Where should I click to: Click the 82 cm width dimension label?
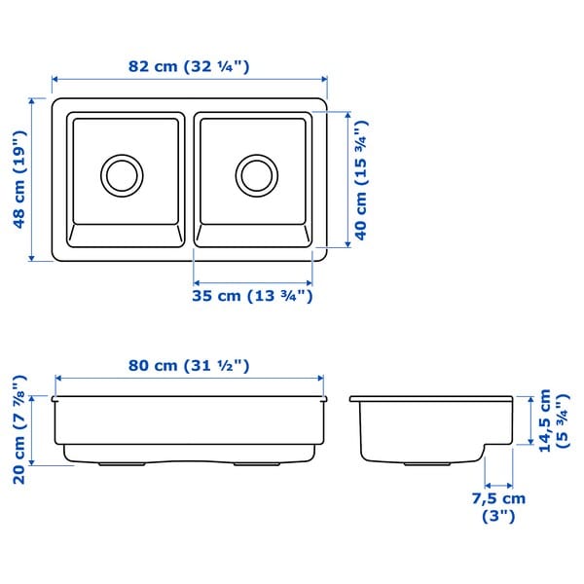(x=189, y=67)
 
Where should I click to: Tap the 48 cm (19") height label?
(x=18, y=179)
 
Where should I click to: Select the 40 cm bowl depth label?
(x=361, y=181)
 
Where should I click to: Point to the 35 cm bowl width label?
(x=252, y=295)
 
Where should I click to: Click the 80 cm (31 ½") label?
(x=190, y=365)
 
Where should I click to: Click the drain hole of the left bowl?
(x=122, y=174)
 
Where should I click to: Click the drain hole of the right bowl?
(x=256, y=174)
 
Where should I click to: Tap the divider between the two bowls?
(x=190, y=180)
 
